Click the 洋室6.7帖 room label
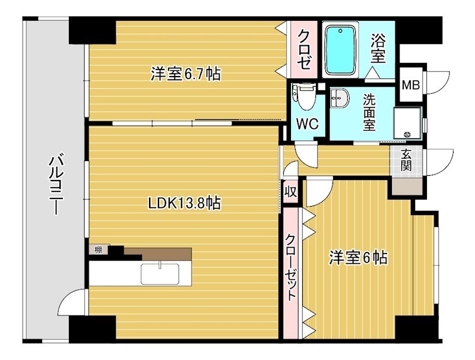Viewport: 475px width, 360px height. pos(185,75)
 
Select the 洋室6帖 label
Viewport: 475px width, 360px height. pos(359,258)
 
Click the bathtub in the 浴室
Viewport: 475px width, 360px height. pos(341,49)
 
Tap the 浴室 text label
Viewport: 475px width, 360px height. pos(378,49)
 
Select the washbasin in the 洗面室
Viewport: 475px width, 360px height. pos(340,98)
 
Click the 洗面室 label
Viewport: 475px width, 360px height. pos(369,112)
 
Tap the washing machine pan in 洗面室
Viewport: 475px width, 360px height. pos(407,123)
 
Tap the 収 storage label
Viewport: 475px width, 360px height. pos(290,191)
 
